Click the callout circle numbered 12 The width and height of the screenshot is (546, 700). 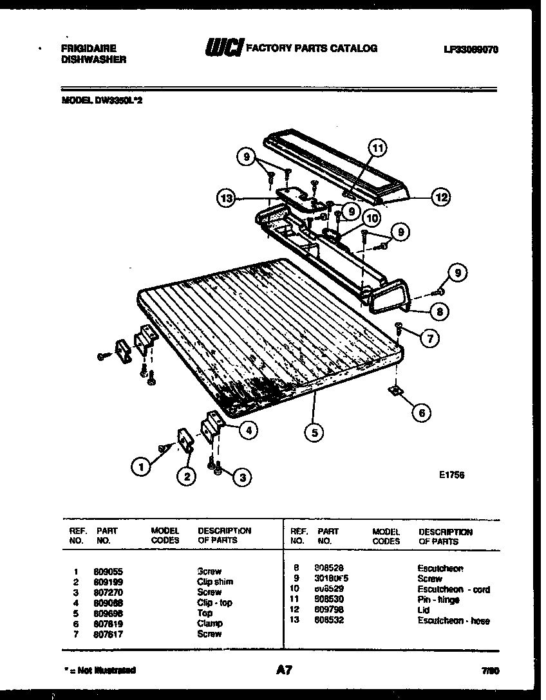click(440, 198)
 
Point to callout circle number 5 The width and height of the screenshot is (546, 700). click(314, 433)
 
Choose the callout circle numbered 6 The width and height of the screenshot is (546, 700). click(421, 412)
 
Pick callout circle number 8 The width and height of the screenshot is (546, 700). click(439, 313)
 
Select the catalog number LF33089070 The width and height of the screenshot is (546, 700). click(471, 49)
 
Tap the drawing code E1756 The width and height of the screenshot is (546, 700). click(450, 475)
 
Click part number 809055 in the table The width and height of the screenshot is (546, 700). click(108, 571)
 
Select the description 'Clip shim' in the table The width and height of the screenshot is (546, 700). click(215, 582)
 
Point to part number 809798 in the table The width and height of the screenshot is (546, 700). click(330, 610)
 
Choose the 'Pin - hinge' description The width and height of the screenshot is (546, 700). click(438, 600)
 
